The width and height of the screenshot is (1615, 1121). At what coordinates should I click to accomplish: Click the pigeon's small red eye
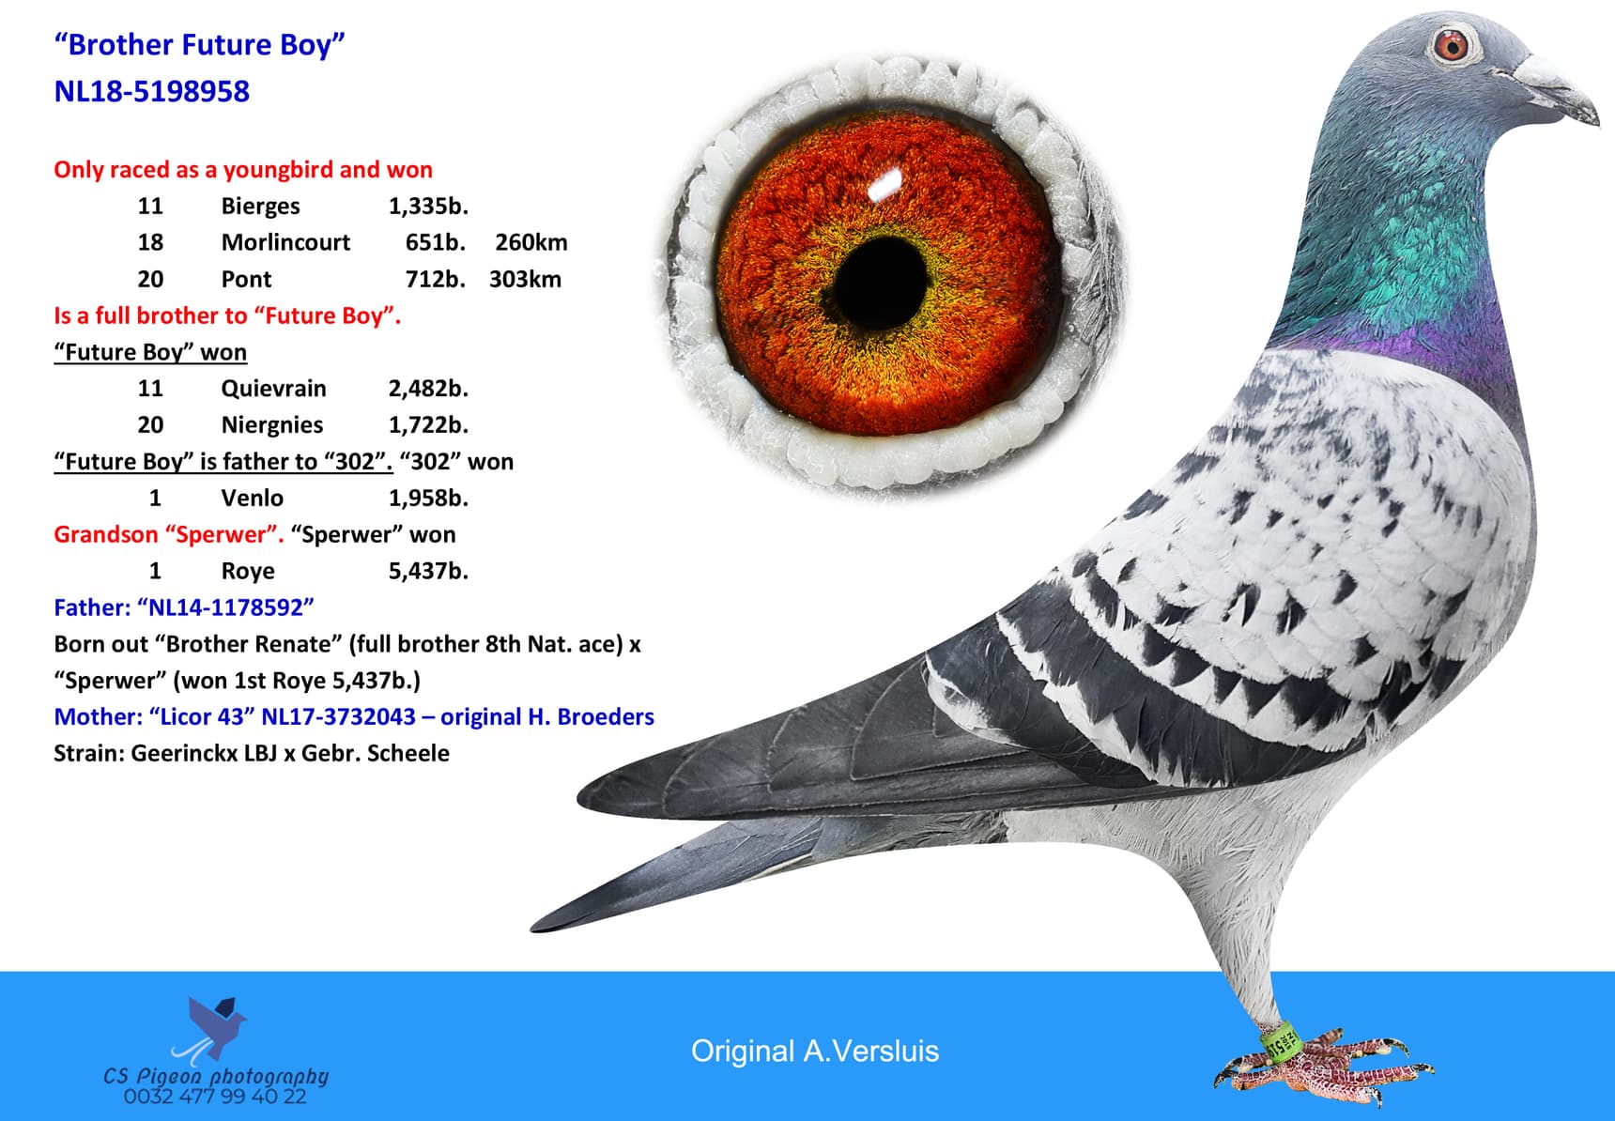tap(1453, 44)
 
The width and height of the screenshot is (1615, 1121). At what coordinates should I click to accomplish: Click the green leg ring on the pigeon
tap(1280, 1044)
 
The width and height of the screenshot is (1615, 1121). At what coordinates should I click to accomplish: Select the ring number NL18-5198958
tap(152, 91)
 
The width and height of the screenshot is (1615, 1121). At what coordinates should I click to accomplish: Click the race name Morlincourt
tap(285, 242)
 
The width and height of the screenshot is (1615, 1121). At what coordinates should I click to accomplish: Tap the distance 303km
tap(525, 279)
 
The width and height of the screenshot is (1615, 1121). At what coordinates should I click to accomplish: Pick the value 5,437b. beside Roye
tap(428, 571)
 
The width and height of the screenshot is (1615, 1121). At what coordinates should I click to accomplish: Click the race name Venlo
tap(252, 498)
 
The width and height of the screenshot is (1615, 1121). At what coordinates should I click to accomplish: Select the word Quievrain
tap(273, 388)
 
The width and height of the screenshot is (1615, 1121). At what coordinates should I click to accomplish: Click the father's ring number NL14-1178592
tap(225, 607)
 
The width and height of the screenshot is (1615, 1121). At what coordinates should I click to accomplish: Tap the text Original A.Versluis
tap(814, 1051)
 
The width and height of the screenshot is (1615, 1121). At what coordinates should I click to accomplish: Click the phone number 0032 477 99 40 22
tap(215, 1097)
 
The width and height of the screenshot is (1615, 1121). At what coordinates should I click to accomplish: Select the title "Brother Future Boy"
tap(200, 44)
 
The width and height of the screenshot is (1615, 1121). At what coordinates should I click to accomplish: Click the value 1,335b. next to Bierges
tap(428, 206)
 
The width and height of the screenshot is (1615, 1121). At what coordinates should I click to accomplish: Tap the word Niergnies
tap(271, 424)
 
